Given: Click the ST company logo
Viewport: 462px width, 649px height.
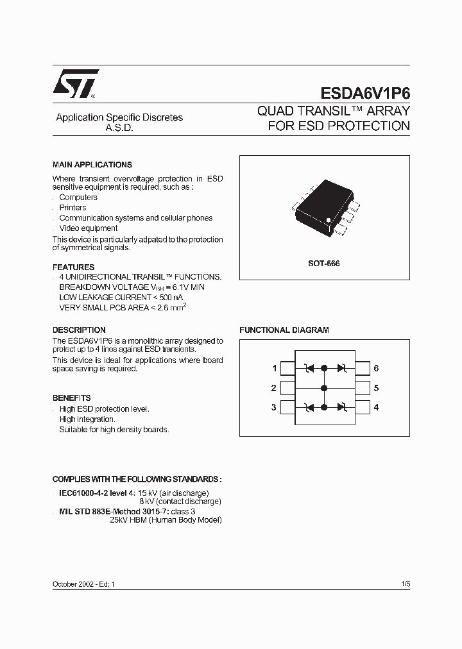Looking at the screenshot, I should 75,83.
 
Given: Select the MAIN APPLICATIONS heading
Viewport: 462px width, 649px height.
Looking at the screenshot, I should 92,165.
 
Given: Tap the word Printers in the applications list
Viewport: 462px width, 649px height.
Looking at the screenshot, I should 73,208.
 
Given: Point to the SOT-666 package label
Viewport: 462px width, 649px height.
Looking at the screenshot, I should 324,264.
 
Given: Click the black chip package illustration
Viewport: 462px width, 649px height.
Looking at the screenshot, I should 325,205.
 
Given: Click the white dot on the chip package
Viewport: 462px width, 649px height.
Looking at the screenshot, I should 329,221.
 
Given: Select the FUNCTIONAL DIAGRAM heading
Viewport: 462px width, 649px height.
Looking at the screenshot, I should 284,330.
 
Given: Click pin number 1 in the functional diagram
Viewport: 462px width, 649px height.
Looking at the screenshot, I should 274,369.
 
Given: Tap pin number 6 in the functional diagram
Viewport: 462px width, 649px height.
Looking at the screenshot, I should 376,369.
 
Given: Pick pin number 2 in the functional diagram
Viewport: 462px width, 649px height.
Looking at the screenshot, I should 274,388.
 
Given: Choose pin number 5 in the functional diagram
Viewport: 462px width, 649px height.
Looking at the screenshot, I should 376,388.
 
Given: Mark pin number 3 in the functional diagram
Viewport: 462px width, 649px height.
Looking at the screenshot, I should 274,407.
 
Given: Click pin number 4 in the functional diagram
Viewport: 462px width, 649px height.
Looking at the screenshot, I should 376,407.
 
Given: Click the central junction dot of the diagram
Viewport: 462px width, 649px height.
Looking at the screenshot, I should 324,388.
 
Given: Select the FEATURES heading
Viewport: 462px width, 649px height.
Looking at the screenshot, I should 73,267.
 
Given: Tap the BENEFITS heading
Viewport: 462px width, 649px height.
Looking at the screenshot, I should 71,398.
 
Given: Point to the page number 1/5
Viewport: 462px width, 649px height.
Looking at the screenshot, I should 405,585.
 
